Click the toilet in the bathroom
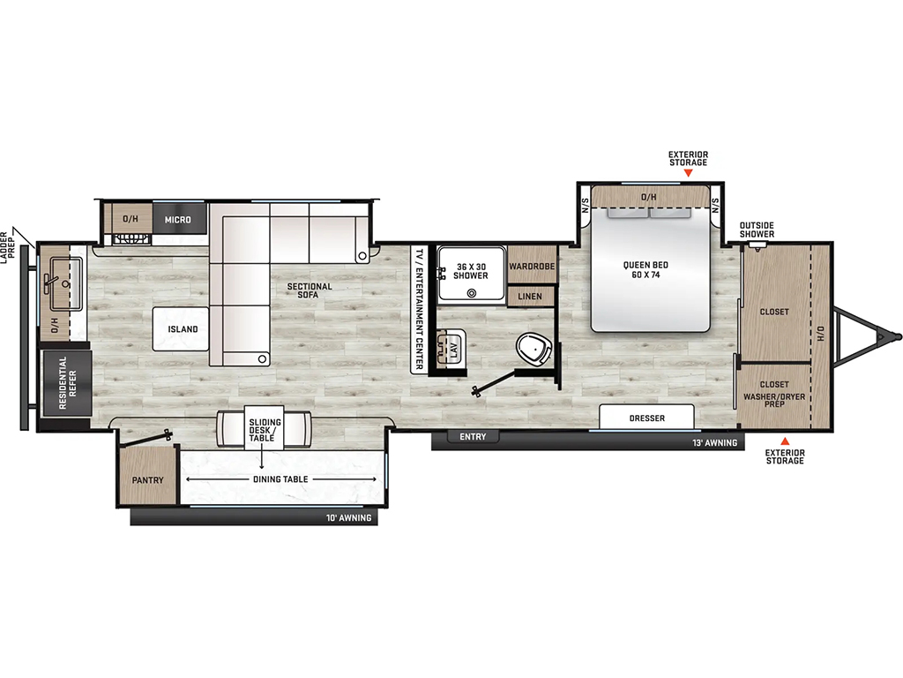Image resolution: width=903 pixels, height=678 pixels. click(x=535, y=349)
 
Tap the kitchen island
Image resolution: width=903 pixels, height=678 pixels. click(x=181, y=328)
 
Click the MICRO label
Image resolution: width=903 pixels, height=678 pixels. click(x=178, y=220)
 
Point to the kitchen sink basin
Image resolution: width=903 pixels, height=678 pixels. click(x=65, y=283)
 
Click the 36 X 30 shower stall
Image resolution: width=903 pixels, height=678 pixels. click(x=471, y=273)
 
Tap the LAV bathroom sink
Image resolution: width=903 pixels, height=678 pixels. click(x=451, y=348)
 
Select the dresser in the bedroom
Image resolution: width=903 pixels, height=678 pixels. click(x=646, y=417)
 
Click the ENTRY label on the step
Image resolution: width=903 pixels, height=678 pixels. click(x=473, y=437)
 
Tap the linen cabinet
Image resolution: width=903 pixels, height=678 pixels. click(x=530, y=297)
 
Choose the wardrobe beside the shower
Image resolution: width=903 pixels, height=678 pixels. click(x=532, y=265)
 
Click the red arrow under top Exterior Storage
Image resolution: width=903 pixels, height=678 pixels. click(x=688, y=172)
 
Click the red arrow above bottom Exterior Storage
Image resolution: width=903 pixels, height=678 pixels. click(x=785, y=441)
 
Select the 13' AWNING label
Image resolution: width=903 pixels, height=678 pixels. click(x=714, y=443)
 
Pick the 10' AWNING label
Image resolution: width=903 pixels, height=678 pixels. click(x=348, y=517)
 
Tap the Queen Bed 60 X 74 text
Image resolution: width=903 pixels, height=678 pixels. click(x=646, y=270)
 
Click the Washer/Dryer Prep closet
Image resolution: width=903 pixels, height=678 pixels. click(x=774, y=395)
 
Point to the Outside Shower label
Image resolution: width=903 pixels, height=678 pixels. click(x=757, y=230)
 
